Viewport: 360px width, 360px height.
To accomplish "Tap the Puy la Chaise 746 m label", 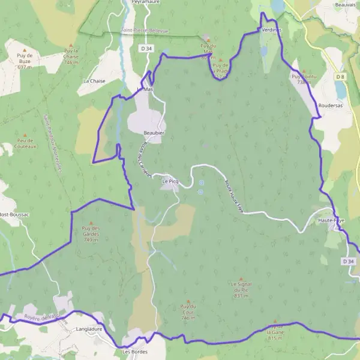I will pyautogui.click(x=71, y=56).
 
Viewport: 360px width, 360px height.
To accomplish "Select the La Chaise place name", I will pyautogui.click(x=94, y=80).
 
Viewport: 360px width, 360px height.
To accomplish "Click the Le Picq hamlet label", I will pyautogui.click(x=170, y=180).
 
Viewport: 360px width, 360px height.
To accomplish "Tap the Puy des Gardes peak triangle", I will pyautogui.click(x=91, y=223).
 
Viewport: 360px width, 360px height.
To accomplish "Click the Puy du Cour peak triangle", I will pyautogui.click(x=188, y=301).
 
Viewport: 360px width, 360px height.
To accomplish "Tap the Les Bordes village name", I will pyautogui.click(x=134, y=352).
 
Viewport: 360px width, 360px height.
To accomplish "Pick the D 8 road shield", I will pyautogui.click(x=341, y=76).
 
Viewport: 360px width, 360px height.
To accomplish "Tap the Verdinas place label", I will pyautogui.click(x=272, y=31).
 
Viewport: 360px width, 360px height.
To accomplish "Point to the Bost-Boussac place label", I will pyautogui.click(x=14, y=214).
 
